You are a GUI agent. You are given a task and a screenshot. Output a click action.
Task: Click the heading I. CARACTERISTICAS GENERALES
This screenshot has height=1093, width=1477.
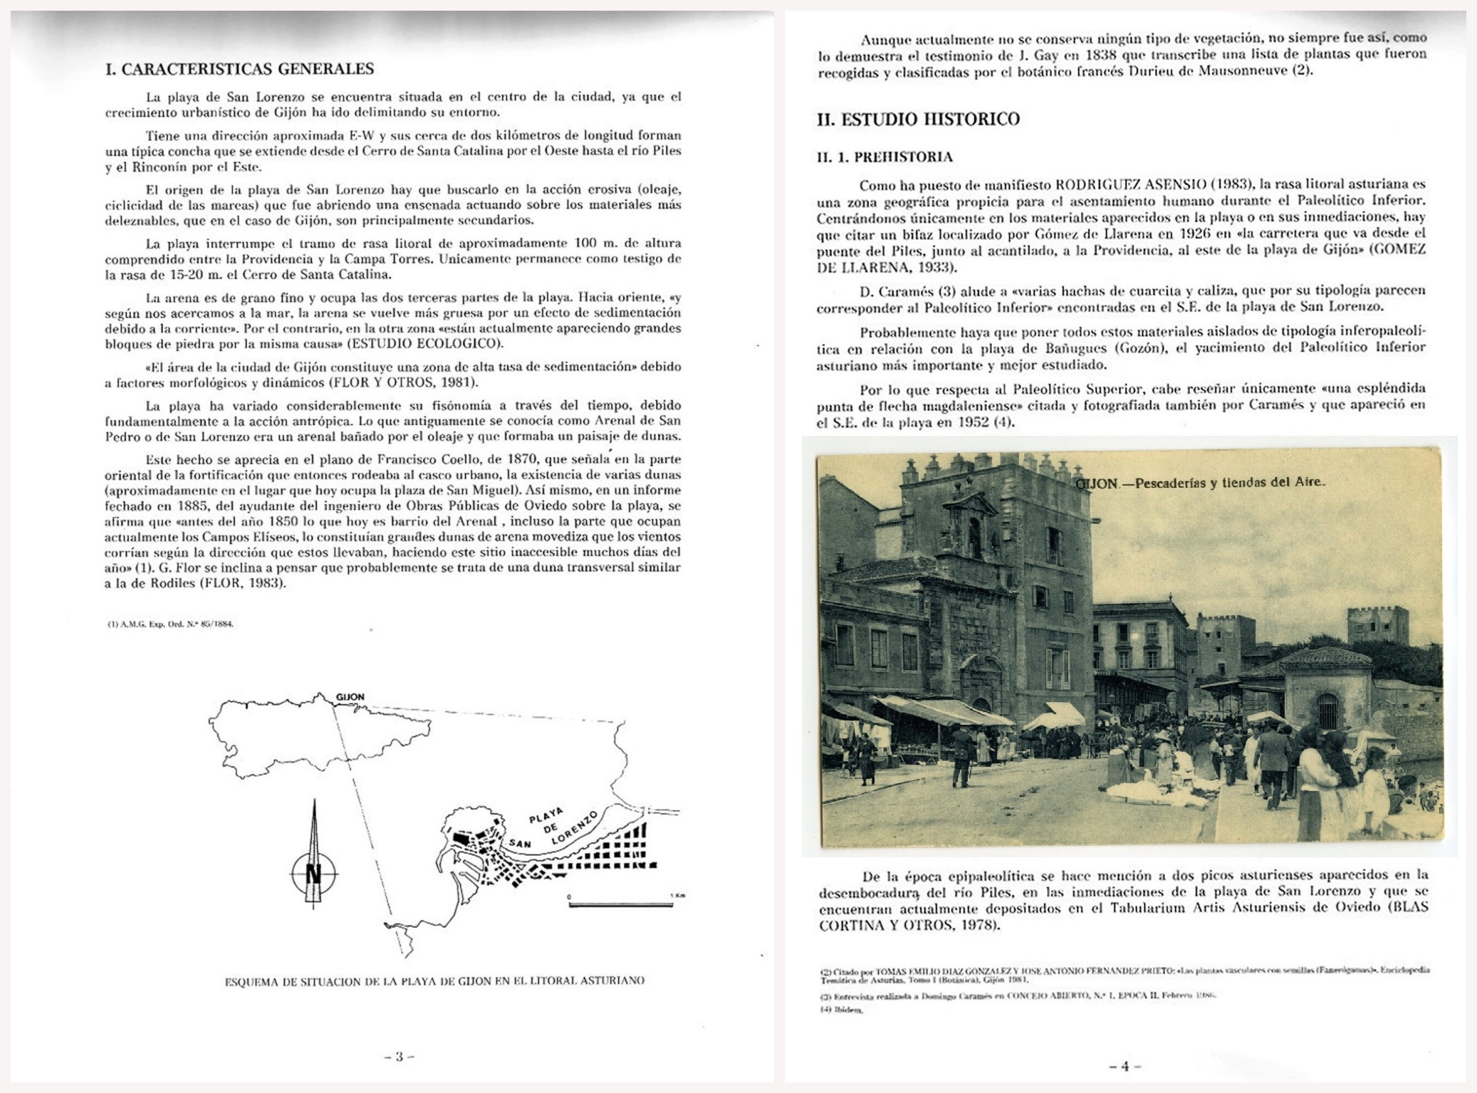pos(239,69)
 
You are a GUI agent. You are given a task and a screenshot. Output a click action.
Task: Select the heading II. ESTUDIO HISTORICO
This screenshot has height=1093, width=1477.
pos(918,120)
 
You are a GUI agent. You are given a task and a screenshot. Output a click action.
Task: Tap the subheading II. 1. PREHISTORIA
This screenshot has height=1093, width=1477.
pos(884,157)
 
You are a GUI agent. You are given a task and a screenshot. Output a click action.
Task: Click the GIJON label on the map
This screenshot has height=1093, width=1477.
pos(350,697)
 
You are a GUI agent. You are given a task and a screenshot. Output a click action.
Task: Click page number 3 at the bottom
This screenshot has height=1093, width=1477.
pos(399,1057)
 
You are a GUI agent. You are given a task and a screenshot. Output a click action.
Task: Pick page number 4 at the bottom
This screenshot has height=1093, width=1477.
pos(1124,1066)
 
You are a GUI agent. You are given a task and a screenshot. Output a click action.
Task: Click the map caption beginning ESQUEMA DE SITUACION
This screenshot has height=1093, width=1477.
pos(434,980)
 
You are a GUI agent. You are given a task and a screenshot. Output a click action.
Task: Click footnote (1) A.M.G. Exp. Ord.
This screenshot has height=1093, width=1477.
pos(170,624)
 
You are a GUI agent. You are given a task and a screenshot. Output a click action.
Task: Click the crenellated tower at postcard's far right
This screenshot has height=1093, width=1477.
pos(1377,624)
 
